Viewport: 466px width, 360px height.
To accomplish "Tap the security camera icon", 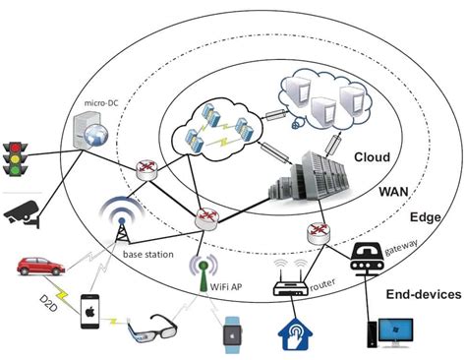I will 21,214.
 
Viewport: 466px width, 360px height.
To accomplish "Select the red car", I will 37,267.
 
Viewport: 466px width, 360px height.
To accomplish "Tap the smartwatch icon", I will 233,334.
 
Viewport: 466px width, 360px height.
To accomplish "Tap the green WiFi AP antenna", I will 203,269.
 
